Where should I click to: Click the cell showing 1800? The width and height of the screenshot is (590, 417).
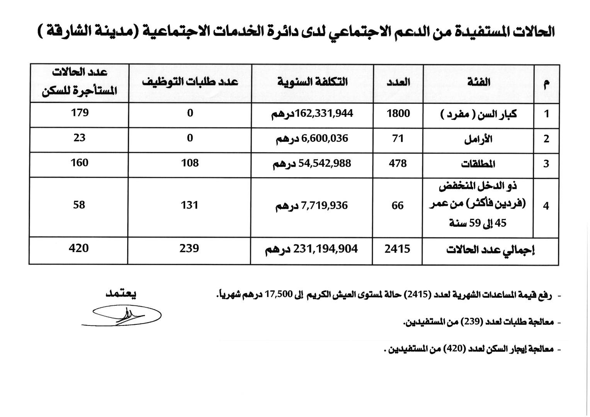pyautogui.click(x=398, y=114)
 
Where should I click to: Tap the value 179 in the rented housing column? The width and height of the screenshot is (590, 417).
pyautogui.click(x=80, y=113)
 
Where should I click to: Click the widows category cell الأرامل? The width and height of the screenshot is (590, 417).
pyautogui.click(x=478, y=139)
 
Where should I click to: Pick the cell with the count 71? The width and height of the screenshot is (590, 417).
pyautogui.click(x=398, y=138)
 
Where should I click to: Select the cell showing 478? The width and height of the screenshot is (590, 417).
pyautogui.click(x=398, y=163)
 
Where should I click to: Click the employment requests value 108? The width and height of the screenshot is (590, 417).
pyautogui.click(x=190, y=163)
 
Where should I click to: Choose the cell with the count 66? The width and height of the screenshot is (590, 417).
pyautogui.click(x=398, y=206)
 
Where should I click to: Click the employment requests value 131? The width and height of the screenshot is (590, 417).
pyautogui.click(x=189, y=205)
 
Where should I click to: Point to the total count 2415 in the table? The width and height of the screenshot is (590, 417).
pyautogui.click(x=397, y=249)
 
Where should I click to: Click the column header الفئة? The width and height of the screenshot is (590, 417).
pyautogui.click(x=479, y=82)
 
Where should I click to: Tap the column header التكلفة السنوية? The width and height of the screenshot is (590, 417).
pyautogui.click(x=312, y=82)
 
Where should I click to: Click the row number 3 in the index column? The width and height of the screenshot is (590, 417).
pyautogui.click(x=546, y=164)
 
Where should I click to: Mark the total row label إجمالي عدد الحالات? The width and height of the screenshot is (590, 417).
pyautogui.click(x=490, y=249)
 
